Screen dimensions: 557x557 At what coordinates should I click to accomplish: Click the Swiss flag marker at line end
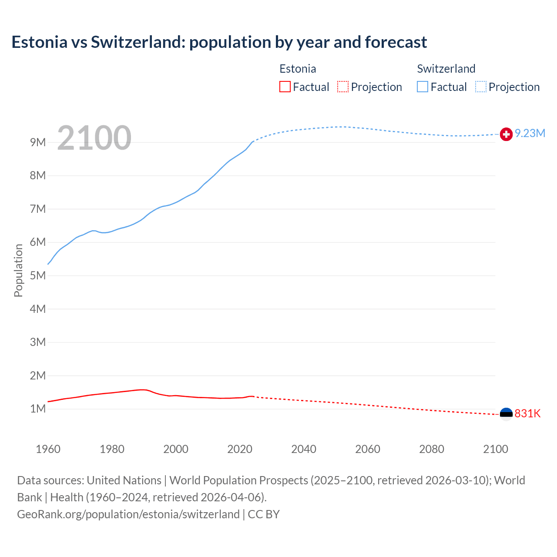coord(506,134)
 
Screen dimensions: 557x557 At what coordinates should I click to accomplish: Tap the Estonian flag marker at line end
coord(506,414)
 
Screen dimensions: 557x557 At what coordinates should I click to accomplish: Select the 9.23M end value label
coord(530,134)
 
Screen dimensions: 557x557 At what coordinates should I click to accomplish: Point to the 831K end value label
coord(527,413)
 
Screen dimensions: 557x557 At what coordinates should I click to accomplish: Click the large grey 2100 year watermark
coord(94,138)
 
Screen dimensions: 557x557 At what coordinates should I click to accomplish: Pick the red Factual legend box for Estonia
coord(285,87)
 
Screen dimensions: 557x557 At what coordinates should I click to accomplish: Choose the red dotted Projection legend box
coord(343,87)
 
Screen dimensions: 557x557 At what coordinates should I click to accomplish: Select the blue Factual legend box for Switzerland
coord(423,87)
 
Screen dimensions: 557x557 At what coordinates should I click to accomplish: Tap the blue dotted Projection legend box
coord(481,87)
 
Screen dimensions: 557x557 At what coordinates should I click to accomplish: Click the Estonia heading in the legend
coord(298,69)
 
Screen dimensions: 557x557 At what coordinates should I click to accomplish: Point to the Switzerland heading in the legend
coord(446,69)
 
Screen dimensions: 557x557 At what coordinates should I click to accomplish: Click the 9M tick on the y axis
coord(38,142)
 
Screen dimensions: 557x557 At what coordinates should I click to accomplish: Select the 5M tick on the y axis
coord(38,275)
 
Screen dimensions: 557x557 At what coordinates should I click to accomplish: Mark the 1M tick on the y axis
coord(38,409)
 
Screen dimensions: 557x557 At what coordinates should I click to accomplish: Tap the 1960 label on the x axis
coord(48,449)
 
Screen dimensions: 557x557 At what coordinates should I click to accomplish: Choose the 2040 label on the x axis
coord(304,449)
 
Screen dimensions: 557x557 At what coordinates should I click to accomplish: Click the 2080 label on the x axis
coord(432,449)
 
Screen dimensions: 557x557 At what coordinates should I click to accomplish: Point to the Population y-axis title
coord(18,270)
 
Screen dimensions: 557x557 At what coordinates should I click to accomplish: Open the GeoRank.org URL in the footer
coord(128,514)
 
